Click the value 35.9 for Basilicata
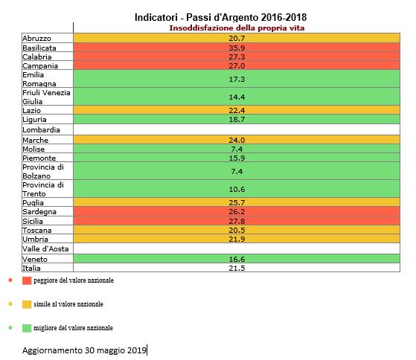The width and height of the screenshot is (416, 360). coord(237,48)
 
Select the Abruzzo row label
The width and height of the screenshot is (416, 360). coord(36,39)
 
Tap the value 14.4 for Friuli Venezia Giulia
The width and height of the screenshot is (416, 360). coord(237,97)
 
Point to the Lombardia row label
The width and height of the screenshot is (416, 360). coord(41,130)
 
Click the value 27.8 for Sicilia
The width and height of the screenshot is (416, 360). coord(237,221)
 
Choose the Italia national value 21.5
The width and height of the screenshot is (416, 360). coord(237,268)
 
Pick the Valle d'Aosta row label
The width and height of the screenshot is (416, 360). coord(45,249)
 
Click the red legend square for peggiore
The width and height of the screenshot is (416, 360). coord(27,280)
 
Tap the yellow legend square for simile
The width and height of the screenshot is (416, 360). coord(27,304)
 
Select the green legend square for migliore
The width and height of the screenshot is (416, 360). coord(27,328)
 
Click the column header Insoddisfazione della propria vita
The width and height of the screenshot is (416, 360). coord(237,28)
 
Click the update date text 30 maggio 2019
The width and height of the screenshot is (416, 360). coord(115,350)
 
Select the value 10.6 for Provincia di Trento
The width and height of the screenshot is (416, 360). coord(237,189)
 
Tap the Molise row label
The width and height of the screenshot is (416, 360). coord(33,150)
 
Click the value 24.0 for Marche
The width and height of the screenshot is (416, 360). coord(237,140)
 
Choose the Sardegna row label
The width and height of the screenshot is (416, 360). coord(39,212)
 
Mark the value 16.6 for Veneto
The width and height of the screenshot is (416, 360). coord(237,259)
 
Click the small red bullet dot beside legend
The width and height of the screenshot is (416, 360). coord(10,280)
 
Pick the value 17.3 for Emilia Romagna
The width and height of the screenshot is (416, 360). coord(237,80)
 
